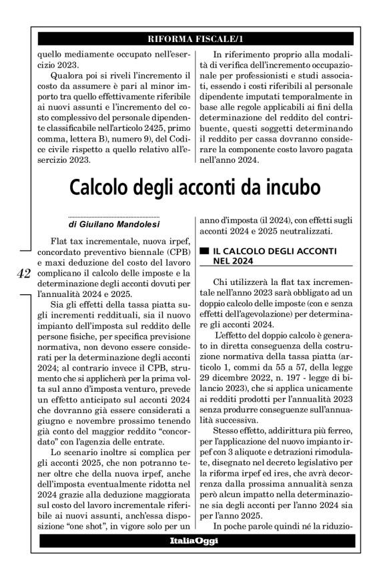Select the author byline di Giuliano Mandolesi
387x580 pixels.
(113, 226)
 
